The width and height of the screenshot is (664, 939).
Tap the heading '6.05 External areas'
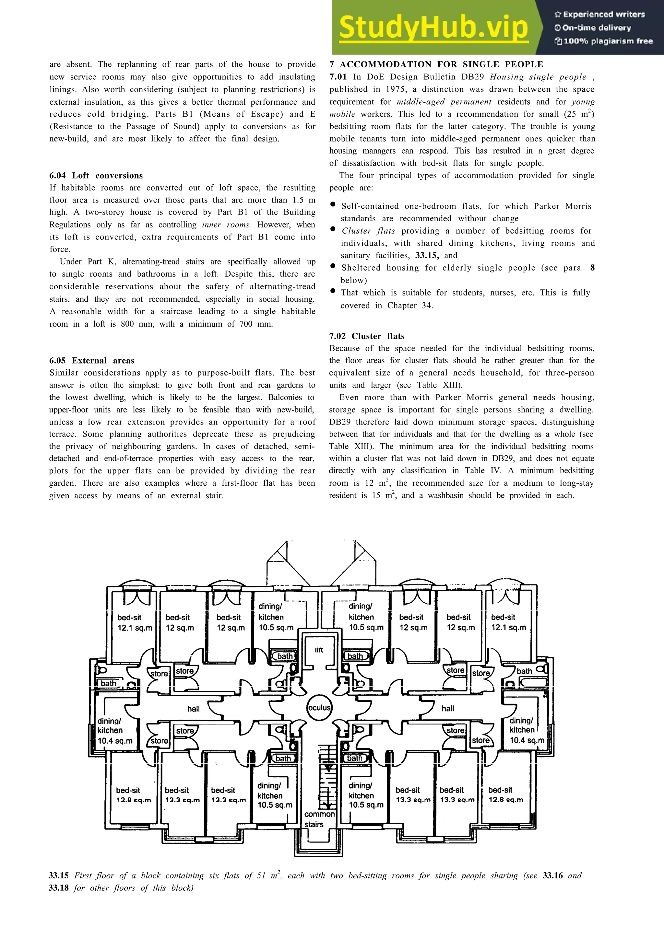tap(92, 361)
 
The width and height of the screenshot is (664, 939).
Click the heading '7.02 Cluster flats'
tap(367, 336)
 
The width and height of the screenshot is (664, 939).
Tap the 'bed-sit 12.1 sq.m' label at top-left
tap(134, 622)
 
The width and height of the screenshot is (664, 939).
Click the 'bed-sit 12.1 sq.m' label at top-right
tap(508, 622)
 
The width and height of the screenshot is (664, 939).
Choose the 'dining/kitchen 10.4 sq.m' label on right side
tap(526, 730)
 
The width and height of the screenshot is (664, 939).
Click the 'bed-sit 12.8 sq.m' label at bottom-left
tap(133, 795)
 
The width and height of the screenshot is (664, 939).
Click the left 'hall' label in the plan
tap(194, 709)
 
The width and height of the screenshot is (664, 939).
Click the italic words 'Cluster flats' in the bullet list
tap(368, 231)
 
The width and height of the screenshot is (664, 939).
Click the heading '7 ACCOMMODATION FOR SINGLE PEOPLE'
tap(436, 64)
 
